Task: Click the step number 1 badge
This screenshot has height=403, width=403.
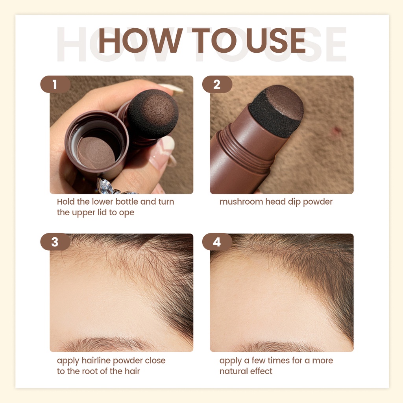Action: click(x=55, y=84)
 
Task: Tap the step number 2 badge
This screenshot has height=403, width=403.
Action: click(x=217, y=84)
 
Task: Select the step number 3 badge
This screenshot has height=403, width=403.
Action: click(x=55, y=242)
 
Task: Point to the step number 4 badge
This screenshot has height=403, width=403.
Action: click(x=217, y=242)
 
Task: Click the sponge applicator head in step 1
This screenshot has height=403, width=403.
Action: click(x=153, y=114)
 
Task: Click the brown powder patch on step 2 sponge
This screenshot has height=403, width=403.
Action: click(x=284, y=103)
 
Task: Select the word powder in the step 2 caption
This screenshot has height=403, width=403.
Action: click(x=318, y=202)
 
